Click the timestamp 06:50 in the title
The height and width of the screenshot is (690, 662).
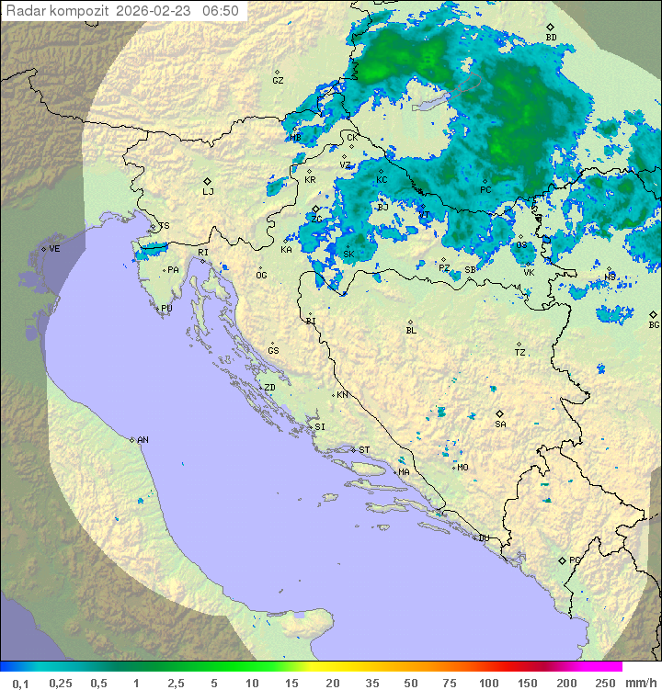point(221,11)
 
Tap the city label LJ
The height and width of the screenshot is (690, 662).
point(208,191)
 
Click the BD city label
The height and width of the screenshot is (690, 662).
point(551,37)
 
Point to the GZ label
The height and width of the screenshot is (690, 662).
point(278,80)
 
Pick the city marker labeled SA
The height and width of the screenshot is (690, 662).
point(500,424)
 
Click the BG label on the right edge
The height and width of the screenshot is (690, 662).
point(654,324)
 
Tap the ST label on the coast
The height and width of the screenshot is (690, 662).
point(364,450)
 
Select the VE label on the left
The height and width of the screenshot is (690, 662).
point(54,249)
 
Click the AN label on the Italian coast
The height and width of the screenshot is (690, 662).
point(143,440)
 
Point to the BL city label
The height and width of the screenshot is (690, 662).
point(411,330)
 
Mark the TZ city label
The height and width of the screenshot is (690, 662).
point(519,352)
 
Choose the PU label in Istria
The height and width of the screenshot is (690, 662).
point(166,309)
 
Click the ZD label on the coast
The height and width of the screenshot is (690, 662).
point(269,388)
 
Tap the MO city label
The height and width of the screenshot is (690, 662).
point(462,467)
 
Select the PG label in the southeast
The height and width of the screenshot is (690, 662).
point(575,560)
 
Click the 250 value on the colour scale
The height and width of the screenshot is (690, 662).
point(605,683)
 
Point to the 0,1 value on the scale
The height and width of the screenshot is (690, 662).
point(20,683)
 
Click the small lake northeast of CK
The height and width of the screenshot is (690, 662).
point(433,101)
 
